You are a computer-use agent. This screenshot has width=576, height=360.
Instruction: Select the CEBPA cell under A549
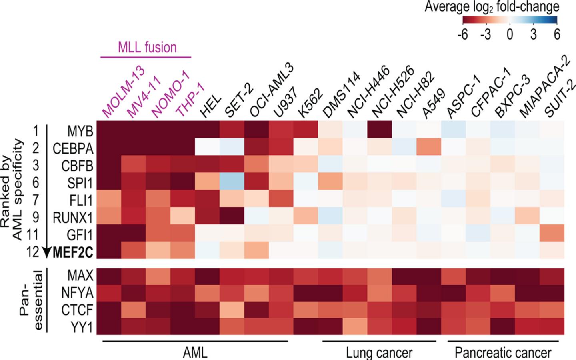[429, 148]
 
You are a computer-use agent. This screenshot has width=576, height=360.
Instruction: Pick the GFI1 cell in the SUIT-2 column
[552, 233]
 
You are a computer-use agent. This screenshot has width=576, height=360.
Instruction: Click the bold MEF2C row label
[73, 252]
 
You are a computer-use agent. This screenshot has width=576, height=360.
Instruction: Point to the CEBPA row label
[73, 148]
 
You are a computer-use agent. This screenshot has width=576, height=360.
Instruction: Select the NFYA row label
[77, 293]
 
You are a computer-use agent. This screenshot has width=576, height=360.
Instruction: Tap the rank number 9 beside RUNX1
[36, 217]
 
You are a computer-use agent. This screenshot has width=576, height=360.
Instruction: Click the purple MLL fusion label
[147, 48]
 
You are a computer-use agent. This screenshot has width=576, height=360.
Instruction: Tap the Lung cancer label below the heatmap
[379, 352]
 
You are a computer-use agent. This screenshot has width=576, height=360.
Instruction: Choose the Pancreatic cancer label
[503, 352]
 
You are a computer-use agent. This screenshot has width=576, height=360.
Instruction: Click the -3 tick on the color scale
[485, 35]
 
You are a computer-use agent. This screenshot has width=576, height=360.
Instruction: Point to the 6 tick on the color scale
[556, 35]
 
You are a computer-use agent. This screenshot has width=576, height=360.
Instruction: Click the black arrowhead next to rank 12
[47, 252]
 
